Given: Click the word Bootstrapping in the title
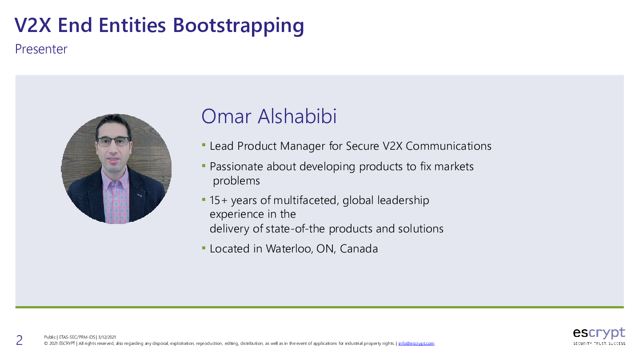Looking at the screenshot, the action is pyautogui.click(x=238, y=26).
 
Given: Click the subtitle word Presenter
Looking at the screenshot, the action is pyautogui.click(x=41, y=49).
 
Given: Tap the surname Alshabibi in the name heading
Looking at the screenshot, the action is pyautogui.click(x=297, y=116).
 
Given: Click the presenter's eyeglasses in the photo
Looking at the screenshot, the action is pyautogui.click(x=113, y=141).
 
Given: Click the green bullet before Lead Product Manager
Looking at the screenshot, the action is pyautogui.click(x=204, y=145).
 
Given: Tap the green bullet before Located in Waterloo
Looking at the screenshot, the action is pyautogui.click(x=204, y=248).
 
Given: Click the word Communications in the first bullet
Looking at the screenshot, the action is pyautogui.click(x=448, y=146).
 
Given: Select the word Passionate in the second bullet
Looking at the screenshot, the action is pyautogui.click(x=236, y=166).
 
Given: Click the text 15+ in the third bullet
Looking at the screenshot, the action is pyautogui.click(x=219, y=200).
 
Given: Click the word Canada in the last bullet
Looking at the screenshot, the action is pyautogui.click(x=359, y=248).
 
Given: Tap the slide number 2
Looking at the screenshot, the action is pyautogui.click(x=19, y=340).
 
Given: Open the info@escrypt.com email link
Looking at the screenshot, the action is pyautogui.click(x=416, y=344).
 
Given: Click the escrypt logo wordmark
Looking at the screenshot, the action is pyautogui.click(x=599, y=333).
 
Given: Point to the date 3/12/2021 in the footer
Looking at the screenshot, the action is pyautogui.click(x=107, y=337).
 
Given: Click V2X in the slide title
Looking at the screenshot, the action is pyautogui.click(x=33, y=25).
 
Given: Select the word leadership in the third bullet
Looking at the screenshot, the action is pyautogui.click(x=403, y=200).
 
